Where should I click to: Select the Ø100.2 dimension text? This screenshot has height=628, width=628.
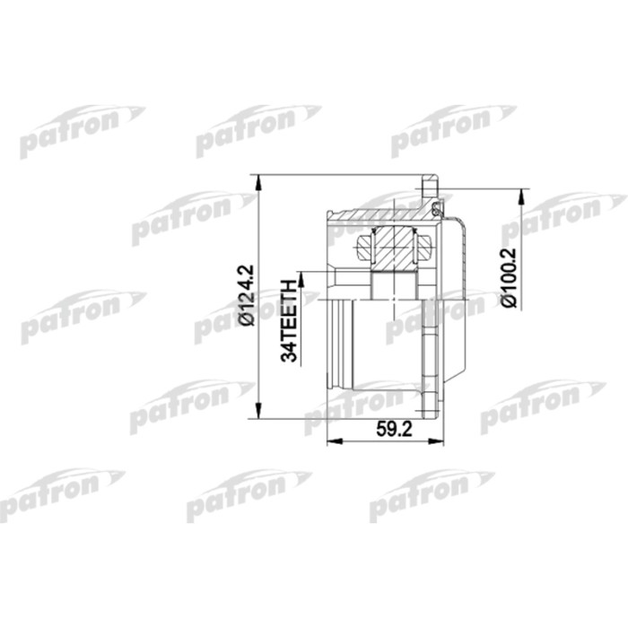[x=510, y=277]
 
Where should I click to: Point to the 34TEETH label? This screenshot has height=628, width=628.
[x=289, y=318]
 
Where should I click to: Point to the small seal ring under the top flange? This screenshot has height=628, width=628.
[x=437, y=210]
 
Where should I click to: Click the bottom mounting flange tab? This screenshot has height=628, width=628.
[x=435, y=406]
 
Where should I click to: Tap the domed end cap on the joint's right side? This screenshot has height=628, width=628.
[x=459, y=296]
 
